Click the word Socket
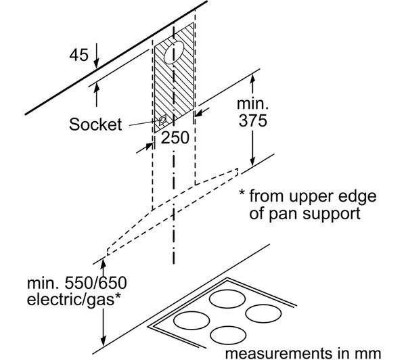pos(95,125)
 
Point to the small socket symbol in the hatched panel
pos(162,120)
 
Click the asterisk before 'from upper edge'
pos(241,198)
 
